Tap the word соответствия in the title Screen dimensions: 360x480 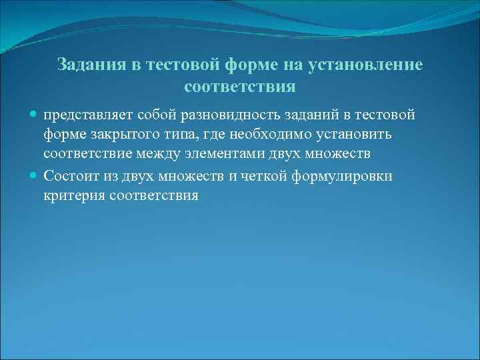(239, 87)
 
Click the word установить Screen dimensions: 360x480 (358, 135)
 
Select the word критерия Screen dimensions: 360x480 (72, 196)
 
